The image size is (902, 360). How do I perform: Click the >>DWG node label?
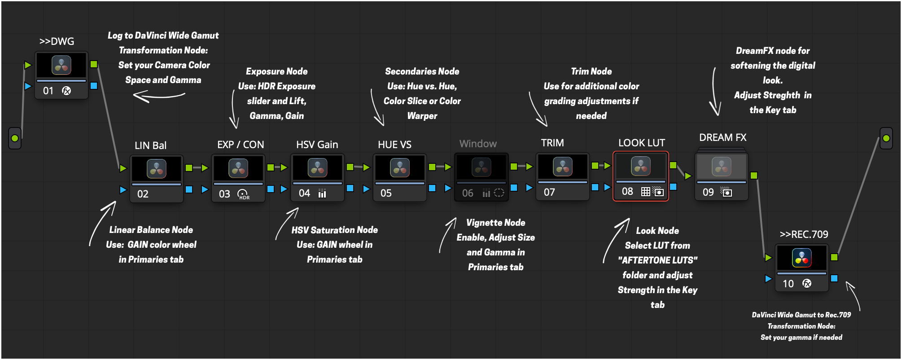point(57,41)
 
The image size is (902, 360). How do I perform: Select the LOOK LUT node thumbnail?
point(641,166)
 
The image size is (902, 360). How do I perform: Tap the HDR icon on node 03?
point(243,194)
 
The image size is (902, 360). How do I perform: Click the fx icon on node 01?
point(66,91)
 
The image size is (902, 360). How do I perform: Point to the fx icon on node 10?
point(807,283)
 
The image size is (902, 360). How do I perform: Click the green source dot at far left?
point(15,138)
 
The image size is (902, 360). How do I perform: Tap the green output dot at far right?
point(886,138)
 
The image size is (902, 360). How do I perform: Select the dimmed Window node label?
point(478,144)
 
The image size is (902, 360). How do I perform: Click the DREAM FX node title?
point(722,137)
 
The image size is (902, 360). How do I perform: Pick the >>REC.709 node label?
point(804,234)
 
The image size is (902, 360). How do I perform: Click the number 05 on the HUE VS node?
point(386,193)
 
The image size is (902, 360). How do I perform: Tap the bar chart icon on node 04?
point(322,193)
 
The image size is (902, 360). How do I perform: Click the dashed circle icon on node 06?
point(499,193)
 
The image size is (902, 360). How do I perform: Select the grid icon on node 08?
point(645,192)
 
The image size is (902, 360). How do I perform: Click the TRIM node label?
point(552,143)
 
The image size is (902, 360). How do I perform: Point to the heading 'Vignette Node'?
point(495,223)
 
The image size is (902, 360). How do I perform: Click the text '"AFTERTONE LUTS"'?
point(657,260)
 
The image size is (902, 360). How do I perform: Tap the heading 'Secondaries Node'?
point(422,71)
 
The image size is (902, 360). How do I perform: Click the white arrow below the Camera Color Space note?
point(159,96)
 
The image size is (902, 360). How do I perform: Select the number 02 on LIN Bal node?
point(143,194)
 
